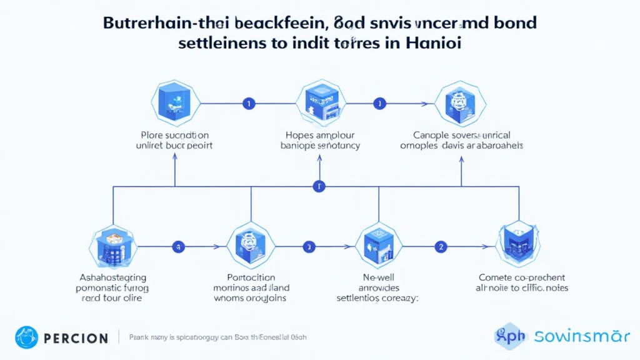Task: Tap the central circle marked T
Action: coord(319,186)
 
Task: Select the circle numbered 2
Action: coord(441,247)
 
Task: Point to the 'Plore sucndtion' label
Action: coord(175,140)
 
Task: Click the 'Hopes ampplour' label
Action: coord(320,135)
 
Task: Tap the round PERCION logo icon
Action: coord(27,337)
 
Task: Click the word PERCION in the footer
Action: coord(76,338)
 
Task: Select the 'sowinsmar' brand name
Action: coord(582,336)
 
